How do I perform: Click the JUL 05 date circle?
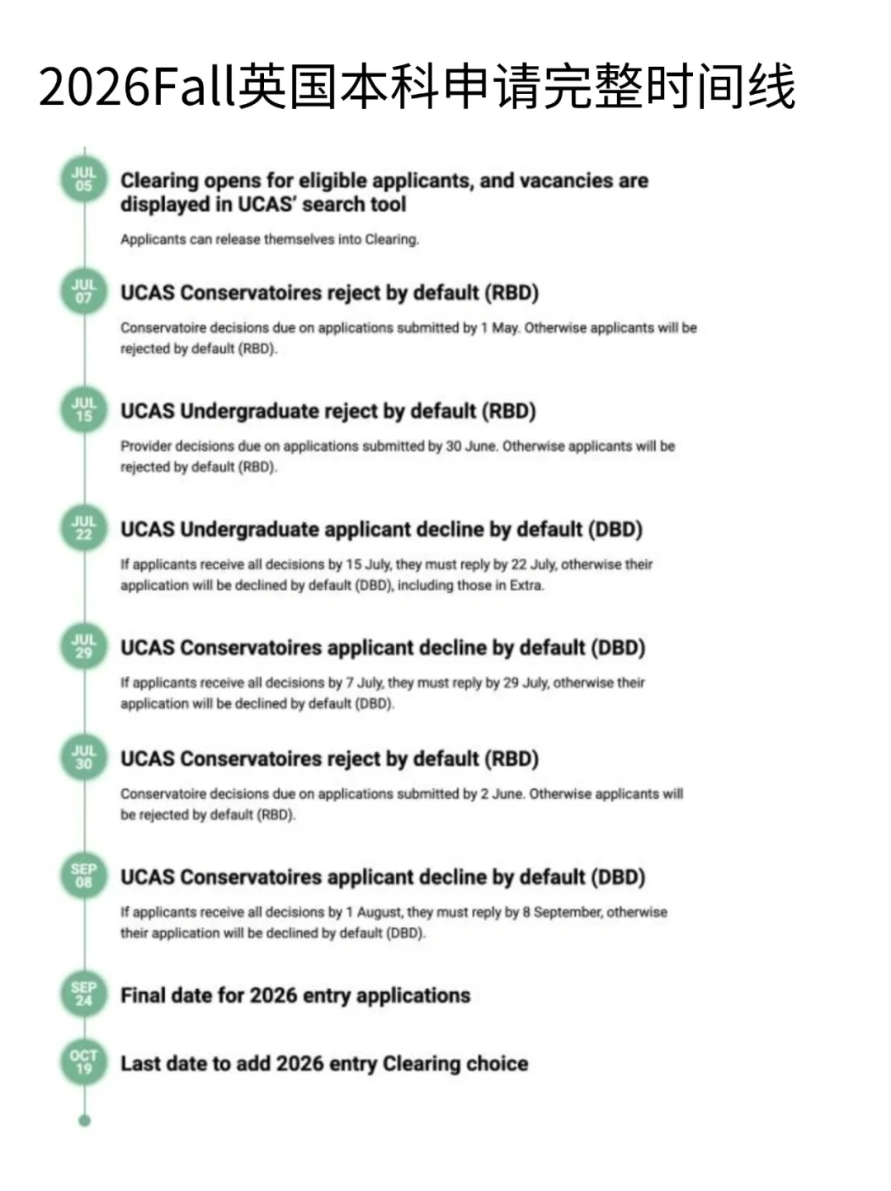coord(83,179)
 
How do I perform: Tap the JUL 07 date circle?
coord(83,291)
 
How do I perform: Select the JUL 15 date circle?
coord(83,409)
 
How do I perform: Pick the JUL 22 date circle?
coord(83,528)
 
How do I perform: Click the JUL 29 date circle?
coord(83,646)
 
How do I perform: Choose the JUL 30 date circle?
coord(83,758)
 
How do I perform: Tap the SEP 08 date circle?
coord(83,876)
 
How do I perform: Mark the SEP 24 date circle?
coord(83,994)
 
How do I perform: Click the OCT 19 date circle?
coord(83,1062)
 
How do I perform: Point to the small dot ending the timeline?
coord(84,1120)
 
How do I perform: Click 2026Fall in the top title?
coord(137,88)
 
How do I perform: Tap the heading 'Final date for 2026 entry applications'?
coord(295,995)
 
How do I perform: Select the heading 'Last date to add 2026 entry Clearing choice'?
coord(324,1063)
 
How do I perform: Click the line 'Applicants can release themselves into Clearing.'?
coord(270,239)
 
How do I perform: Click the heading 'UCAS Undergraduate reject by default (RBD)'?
coord(328,411)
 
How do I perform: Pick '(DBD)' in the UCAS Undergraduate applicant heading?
coord(615,529)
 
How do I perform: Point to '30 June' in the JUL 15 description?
coord(472,447)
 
